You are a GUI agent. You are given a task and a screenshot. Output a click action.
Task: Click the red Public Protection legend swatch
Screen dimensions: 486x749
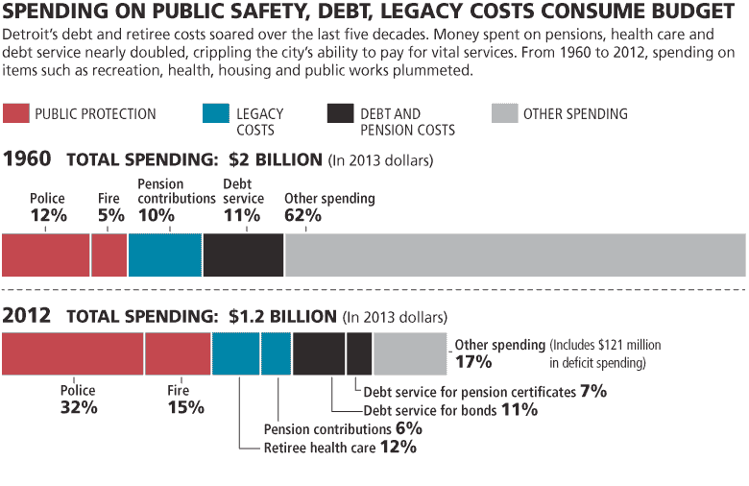coord(15,113)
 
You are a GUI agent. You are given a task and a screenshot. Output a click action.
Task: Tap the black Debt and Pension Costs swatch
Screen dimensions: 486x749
coord(341,113)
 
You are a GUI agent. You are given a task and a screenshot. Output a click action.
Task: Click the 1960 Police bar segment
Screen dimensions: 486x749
coord(46,255)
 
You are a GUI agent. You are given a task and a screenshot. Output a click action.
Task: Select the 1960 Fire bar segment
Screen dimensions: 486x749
coord(109,255)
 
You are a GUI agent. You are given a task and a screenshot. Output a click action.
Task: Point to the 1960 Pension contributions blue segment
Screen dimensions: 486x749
coord(165,255)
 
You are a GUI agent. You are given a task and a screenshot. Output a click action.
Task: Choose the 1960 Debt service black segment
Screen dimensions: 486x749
coord(244,255)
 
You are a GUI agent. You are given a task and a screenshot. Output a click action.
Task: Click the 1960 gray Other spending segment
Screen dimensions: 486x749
coord(515,255)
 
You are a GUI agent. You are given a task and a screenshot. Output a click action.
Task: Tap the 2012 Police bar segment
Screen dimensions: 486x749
coord(73,352)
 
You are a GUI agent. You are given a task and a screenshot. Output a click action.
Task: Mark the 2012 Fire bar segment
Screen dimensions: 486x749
coord(178,352)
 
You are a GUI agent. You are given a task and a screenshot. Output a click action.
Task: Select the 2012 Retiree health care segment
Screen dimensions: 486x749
coord(236,352)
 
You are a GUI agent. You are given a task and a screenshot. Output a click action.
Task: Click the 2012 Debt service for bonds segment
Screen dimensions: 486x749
coord(319,352)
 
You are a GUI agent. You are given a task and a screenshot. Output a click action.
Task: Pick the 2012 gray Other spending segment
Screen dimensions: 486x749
coord(410,352)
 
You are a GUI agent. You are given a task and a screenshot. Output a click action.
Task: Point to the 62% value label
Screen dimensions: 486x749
coord(303,216)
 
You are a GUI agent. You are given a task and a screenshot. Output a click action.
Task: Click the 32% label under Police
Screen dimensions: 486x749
coord(78,407)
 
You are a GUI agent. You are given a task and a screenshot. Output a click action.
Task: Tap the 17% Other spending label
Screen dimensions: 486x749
coord(473,362)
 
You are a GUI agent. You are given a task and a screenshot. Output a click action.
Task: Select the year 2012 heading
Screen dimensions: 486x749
coord(28,314)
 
